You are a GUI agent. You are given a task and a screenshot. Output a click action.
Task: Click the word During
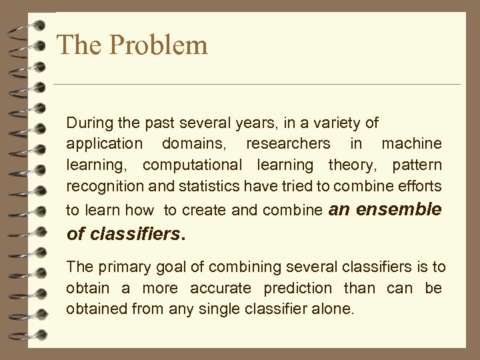point(89,123)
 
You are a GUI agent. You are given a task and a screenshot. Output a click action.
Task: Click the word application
point(104,143)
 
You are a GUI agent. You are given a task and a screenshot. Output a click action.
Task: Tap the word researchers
point(288,143)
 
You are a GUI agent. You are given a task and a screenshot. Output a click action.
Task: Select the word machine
point(411,143)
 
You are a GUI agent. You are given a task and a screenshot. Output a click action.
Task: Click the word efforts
point(420,185)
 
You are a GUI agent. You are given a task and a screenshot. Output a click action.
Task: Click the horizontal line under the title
point(257,85)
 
